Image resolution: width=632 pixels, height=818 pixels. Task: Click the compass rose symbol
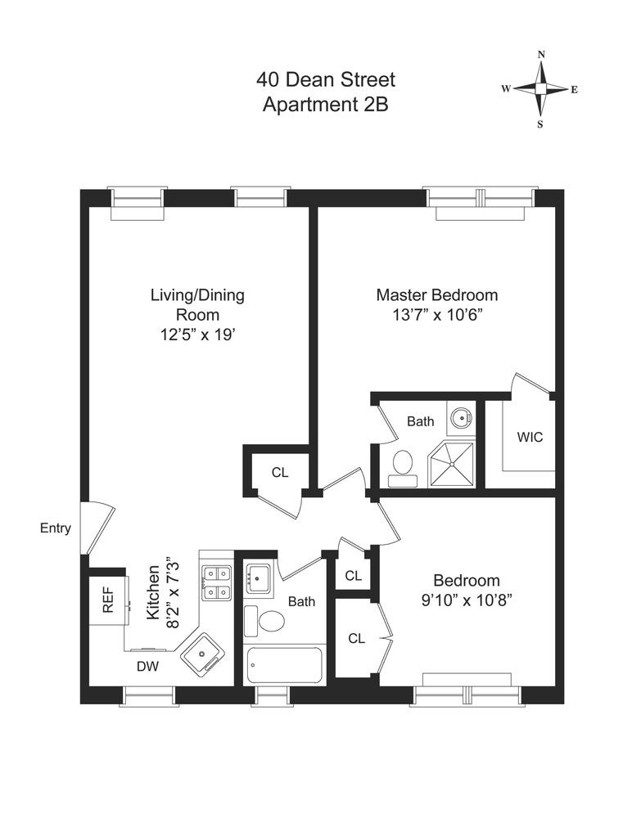[x=541, y=89]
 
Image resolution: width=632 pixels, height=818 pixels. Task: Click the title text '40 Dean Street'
[x=326, y=80]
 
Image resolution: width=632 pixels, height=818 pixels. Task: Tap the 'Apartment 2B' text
[x=326, y=105]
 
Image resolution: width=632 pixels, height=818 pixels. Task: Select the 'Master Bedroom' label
[x=436, y=295]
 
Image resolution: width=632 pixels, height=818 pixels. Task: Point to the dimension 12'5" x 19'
[x=196, y=334]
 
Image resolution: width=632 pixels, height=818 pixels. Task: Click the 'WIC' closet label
[x=529, y=437]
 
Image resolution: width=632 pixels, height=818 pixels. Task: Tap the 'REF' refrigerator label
[x=107, y=600]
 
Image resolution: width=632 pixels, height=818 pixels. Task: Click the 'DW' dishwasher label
[x=147, y=667]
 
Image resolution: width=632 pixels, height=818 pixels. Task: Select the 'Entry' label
[x=56, y=528]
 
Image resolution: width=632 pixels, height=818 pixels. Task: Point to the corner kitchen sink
[x=200, y=654]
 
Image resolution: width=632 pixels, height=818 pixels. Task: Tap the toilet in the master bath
[x=402, y=464]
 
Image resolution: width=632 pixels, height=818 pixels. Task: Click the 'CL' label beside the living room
[x=280, y=472]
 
